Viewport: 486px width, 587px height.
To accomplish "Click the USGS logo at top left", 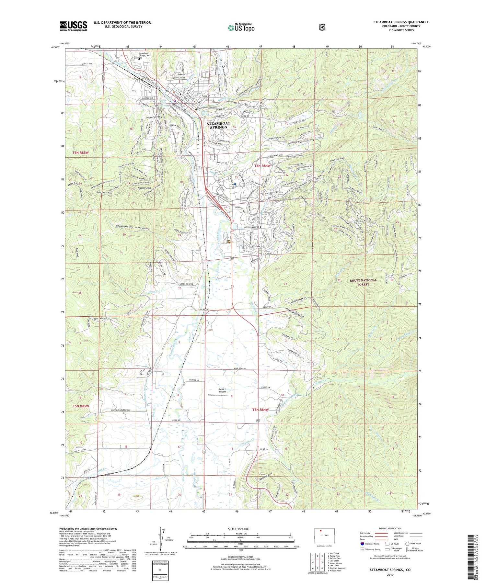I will click(x=74, y=26).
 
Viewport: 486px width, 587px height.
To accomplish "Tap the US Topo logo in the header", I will click(x=241, y=28).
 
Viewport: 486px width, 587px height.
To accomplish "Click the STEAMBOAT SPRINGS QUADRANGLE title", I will click(x=401, y=22).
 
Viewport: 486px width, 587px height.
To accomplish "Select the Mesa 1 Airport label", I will click(x=222, y=390).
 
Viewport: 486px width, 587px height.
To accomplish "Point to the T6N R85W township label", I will click(x=81, y=152).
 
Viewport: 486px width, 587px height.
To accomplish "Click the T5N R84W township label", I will click(x=260, y=410).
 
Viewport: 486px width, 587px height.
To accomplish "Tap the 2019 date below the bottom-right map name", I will click(x=390, y=575).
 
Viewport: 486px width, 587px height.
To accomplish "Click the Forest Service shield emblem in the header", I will click(x=322, y=28).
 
